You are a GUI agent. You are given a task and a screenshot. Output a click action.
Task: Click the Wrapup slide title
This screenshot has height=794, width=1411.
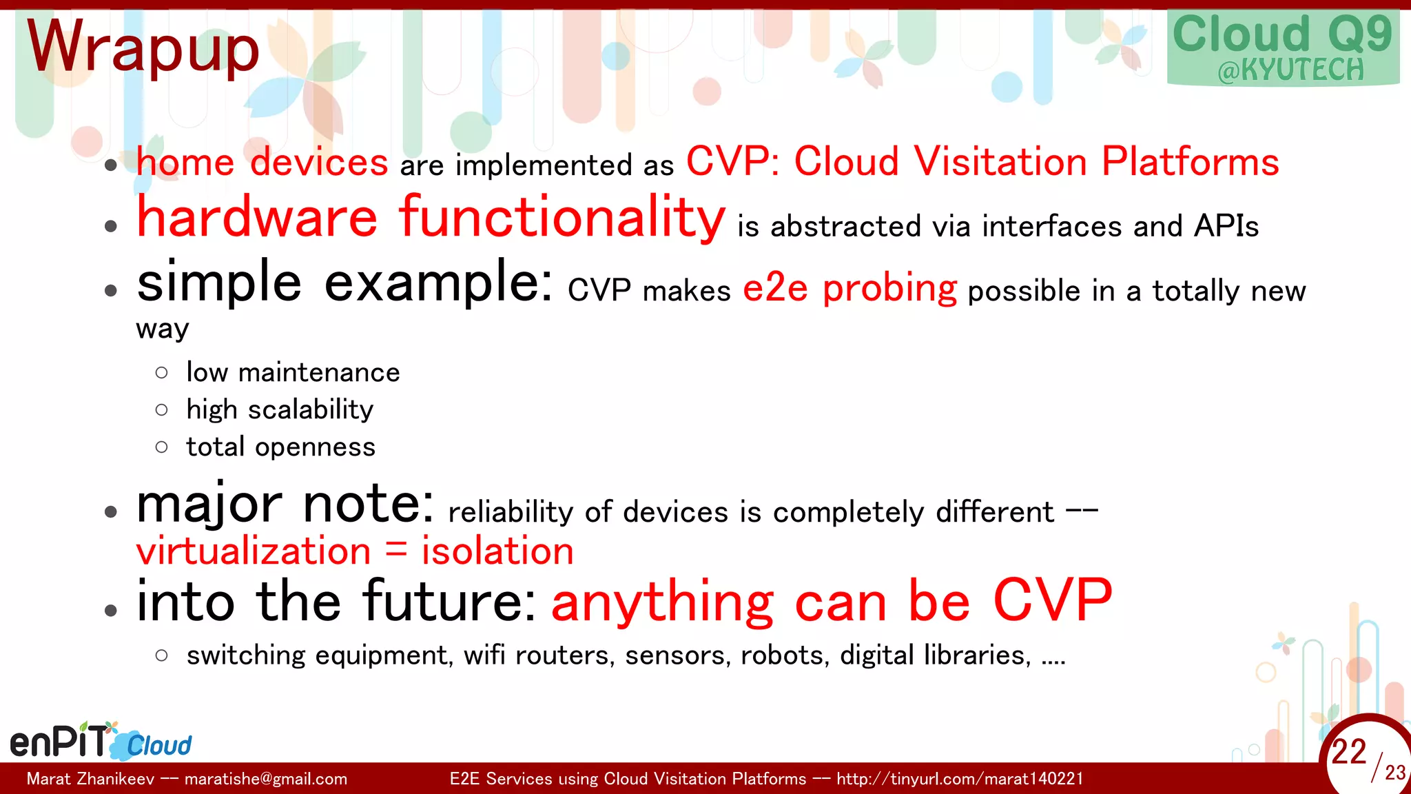pos(143,47)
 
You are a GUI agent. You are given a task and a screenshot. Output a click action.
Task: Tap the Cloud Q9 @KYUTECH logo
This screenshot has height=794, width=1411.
pos(1282,48)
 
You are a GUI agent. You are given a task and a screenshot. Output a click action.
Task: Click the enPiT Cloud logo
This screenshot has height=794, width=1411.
pos(101,742)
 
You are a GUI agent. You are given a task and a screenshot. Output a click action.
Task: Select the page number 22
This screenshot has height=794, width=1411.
pos(1348,751)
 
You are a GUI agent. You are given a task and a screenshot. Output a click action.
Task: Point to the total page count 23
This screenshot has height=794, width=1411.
pos(1394,773)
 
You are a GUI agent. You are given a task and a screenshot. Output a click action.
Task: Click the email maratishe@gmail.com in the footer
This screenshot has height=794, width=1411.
pos(266,779)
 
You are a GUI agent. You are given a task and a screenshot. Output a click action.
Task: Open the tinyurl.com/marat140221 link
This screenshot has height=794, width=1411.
pos(960,779)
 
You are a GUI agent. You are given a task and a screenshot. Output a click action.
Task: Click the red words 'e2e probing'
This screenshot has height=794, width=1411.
pos(849,288)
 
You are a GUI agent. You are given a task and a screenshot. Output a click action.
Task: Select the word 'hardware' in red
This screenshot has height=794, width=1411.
pos(257,218)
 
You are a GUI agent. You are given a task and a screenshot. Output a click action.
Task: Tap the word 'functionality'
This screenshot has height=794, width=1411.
pos(562,218)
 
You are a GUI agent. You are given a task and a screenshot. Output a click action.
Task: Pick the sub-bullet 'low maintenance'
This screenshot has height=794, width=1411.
pos(293,373)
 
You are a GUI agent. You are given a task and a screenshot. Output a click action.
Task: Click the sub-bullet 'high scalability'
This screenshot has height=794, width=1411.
pos(280,410)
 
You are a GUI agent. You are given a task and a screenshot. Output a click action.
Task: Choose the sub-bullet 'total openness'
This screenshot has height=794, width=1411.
pos(280,447)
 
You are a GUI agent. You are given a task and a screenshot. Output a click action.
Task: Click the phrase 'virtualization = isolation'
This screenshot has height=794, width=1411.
pos(355,551)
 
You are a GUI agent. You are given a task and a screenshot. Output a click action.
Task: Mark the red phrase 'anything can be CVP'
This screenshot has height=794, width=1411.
pos(832,601)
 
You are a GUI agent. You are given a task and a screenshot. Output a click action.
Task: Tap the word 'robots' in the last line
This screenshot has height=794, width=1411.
pos(782,655)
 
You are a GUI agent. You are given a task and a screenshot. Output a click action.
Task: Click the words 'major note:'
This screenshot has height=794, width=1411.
pos(285,505)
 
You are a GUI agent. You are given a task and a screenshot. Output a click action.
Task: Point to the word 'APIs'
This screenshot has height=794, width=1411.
pos(1226,226)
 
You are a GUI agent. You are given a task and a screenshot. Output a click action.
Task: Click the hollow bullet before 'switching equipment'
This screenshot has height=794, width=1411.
pos(162,655)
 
